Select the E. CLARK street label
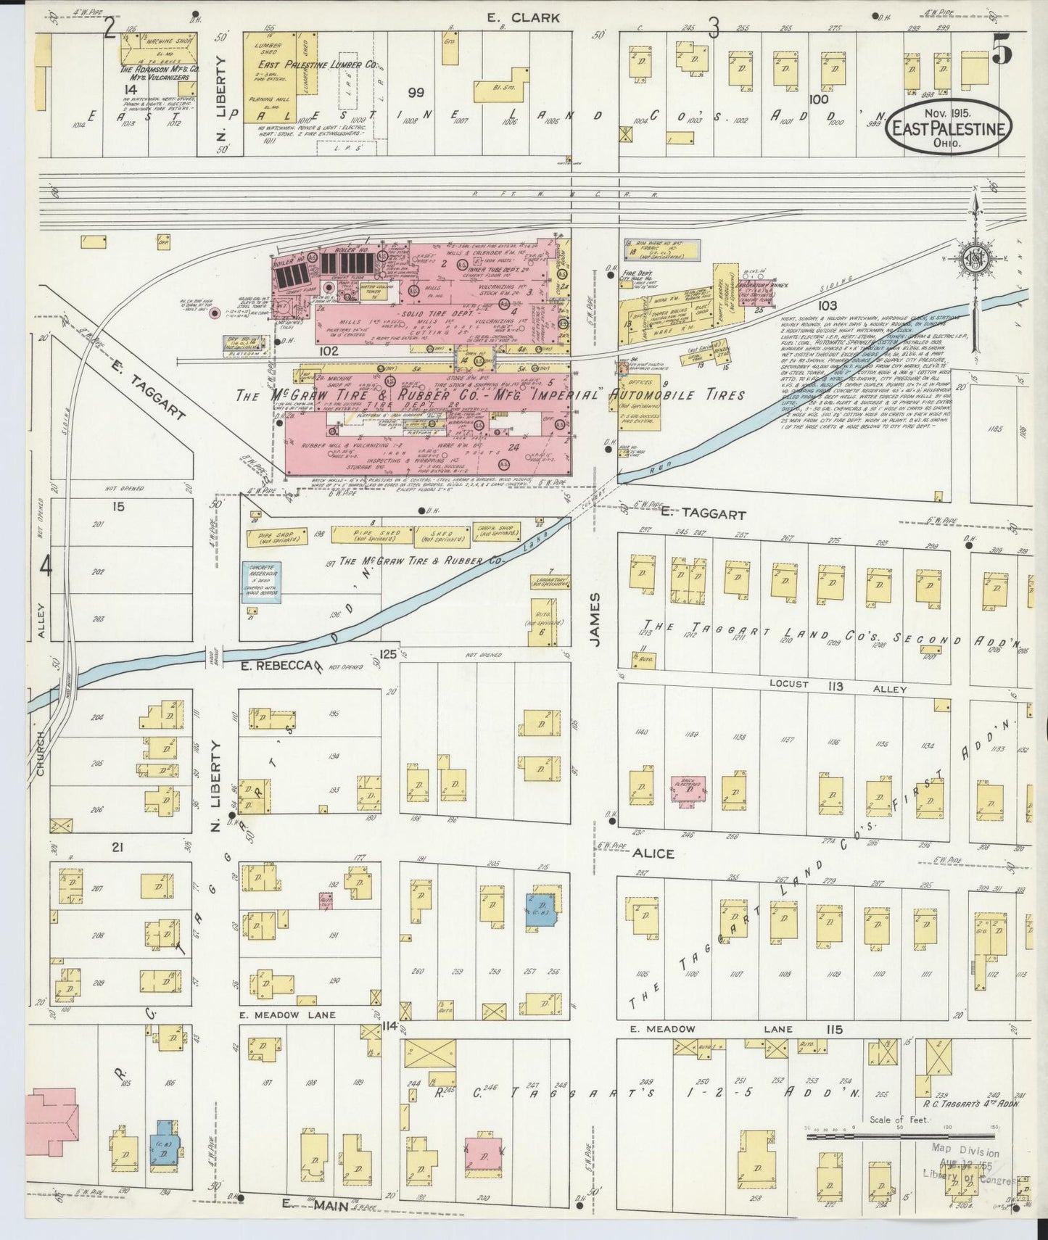[523, 18]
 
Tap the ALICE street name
[653, 853]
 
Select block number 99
[415, 93]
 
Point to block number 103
[827, 306]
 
